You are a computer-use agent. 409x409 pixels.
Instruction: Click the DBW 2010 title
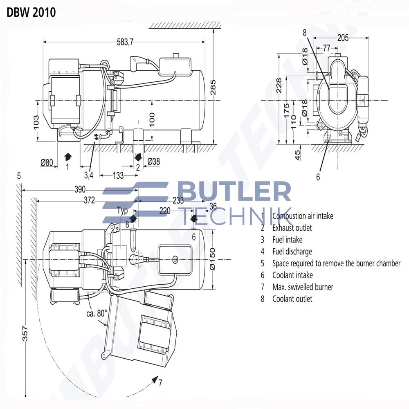pos(31,12)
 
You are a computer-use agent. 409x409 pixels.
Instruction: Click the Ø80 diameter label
pos(47,162)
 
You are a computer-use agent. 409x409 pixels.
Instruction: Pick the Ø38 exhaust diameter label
pos(153,162)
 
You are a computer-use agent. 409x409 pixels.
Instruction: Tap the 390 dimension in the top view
pos(79,189)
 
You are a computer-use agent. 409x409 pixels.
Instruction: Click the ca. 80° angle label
pos(96,313)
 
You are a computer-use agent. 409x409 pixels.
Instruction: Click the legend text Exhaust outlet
pos(292,228)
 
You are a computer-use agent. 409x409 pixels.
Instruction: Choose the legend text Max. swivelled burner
pos(303,287)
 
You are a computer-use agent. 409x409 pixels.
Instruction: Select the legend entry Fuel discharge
pos(292,252)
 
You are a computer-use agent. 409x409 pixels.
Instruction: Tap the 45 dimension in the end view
pos(298,155)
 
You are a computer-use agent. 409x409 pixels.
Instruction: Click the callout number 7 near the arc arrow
pos(161,383)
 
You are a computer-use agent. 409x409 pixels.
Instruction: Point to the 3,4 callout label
pos(89,176)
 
